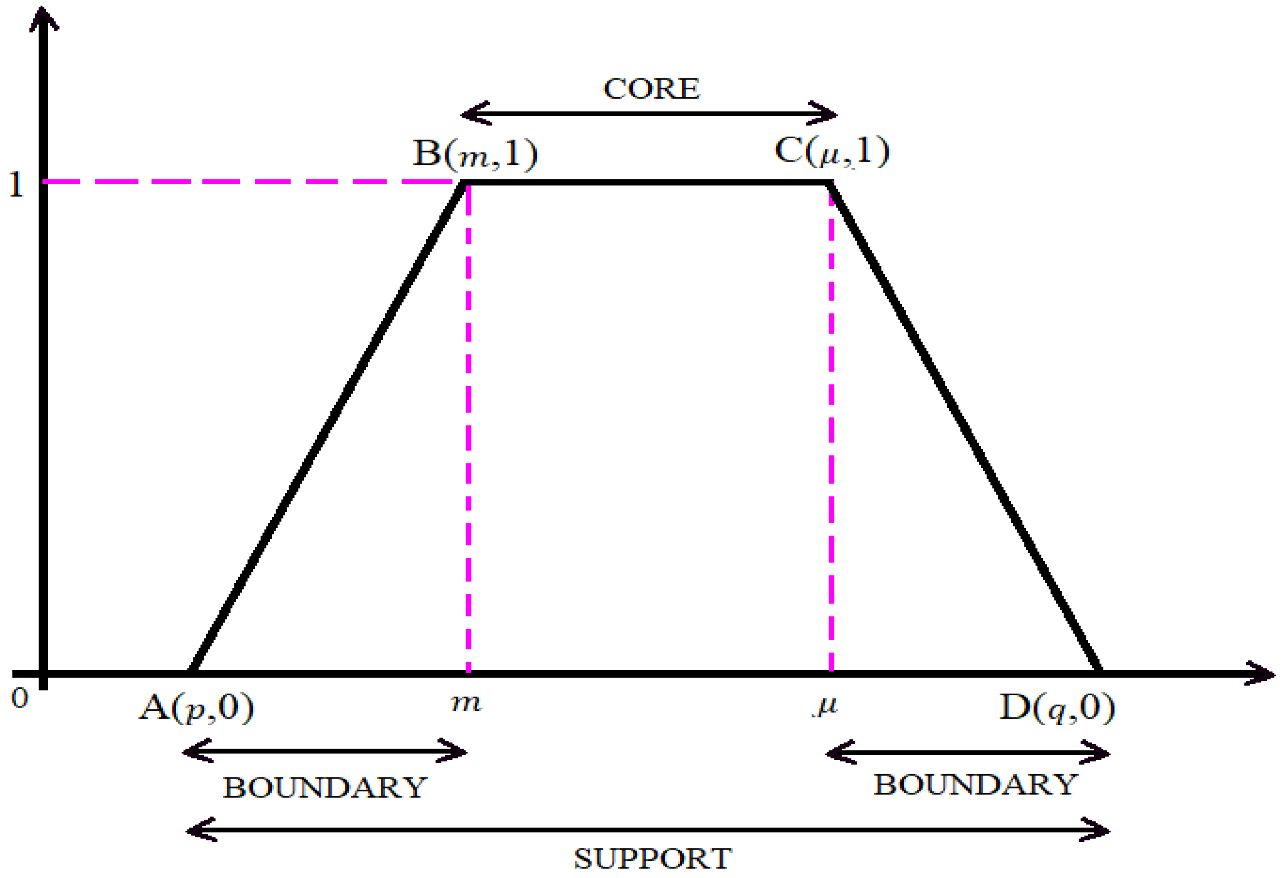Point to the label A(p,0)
(196, 707)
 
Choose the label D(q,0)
(1057, 707)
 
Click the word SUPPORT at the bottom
(652, 858)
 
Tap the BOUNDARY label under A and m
(325, 787)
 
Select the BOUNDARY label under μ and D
(975, 785)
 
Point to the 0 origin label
(20, 699)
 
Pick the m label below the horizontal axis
(466, 703)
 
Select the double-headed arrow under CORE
(649, 114)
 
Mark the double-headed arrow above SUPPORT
(648, 829)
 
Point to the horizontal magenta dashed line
(248, 181)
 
